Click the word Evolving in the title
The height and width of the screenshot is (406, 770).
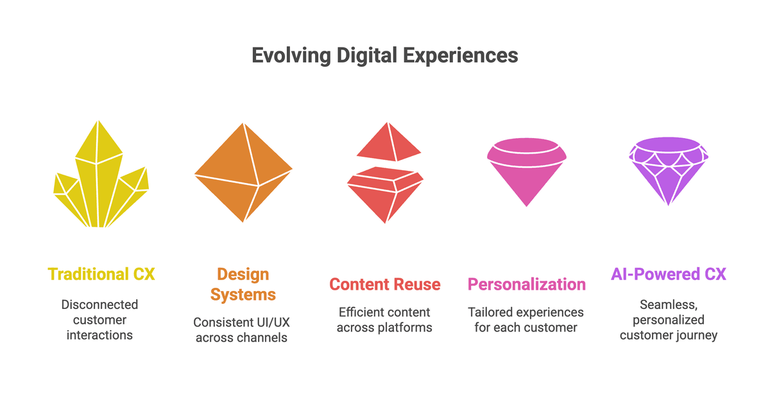[291, 55]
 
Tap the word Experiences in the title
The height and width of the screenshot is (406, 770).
[461, 55]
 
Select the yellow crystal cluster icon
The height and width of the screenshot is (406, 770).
[101, 173]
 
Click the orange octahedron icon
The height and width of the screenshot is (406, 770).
[243, 172]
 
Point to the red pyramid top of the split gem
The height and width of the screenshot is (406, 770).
[389, 142]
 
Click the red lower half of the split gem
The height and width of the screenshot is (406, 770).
[386, 195]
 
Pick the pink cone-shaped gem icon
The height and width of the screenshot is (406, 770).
[527, 172]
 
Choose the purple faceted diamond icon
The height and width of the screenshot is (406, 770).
[669, 171]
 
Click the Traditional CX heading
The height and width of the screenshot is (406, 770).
[101, 274]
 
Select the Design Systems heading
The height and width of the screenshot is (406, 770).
[243, 284]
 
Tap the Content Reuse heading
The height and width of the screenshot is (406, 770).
[385, 285]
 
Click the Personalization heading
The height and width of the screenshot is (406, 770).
[527, 285]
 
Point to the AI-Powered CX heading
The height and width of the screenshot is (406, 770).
[669, 274]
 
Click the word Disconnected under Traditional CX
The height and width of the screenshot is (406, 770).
[99, 304]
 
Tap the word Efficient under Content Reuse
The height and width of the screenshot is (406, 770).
[360, 312]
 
